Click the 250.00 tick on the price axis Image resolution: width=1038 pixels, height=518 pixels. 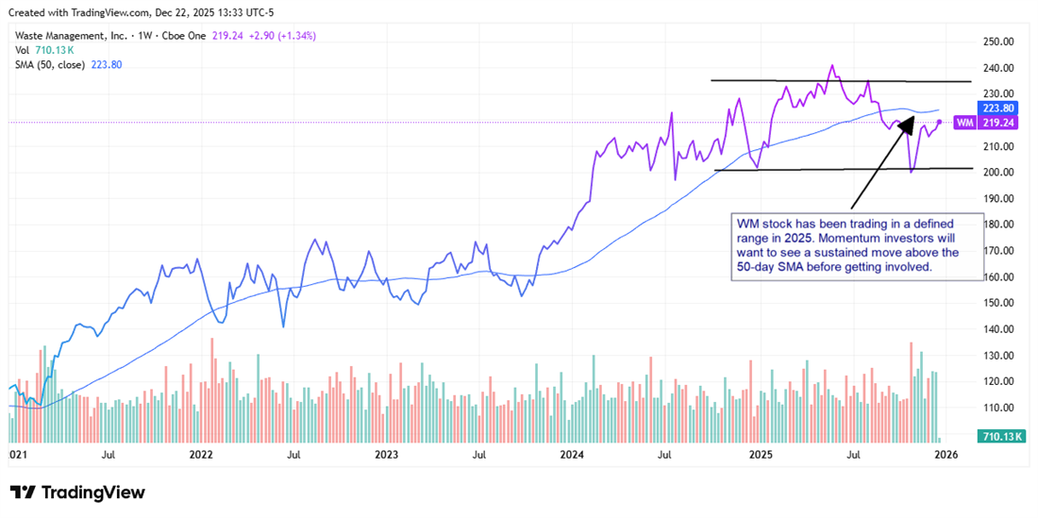tap(998, 42)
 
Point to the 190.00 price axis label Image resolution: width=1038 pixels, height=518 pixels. tap(998, 198)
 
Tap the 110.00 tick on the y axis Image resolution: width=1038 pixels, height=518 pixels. tap(998, 408)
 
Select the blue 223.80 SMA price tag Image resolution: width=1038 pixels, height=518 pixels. tap(998, 108)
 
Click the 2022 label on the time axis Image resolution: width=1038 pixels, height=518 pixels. tap(201, 455)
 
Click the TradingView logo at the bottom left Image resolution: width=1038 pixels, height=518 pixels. tap(77, 493)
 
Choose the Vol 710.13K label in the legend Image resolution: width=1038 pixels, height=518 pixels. tap(42, 51)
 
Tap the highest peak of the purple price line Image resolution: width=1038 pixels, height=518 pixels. tap(831, 66)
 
